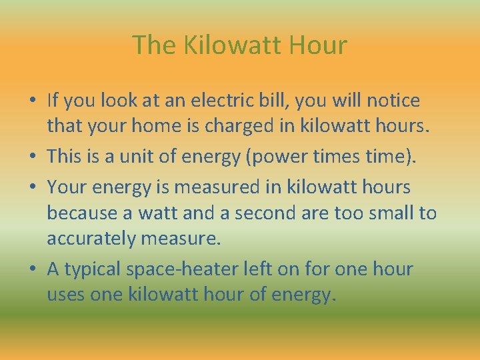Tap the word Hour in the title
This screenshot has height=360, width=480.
click(x=319, y=45)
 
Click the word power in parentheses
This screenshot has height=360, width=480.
click(x=284, y=157)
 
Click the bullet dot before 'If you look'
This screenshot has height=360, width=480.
click(x=32, y=101)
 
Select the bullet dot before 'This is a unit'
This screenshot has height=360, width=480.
click(x=32, y=157)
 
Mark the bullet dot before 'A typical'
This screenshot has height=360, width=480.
click(x=32, y=270)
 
